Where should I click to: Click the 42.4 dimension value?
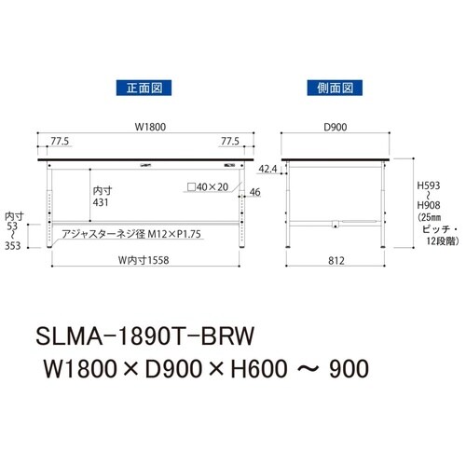(267, 169)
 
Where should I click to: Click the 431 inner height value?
(102, 201)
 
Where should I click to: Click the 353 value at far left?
(14, 246)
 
